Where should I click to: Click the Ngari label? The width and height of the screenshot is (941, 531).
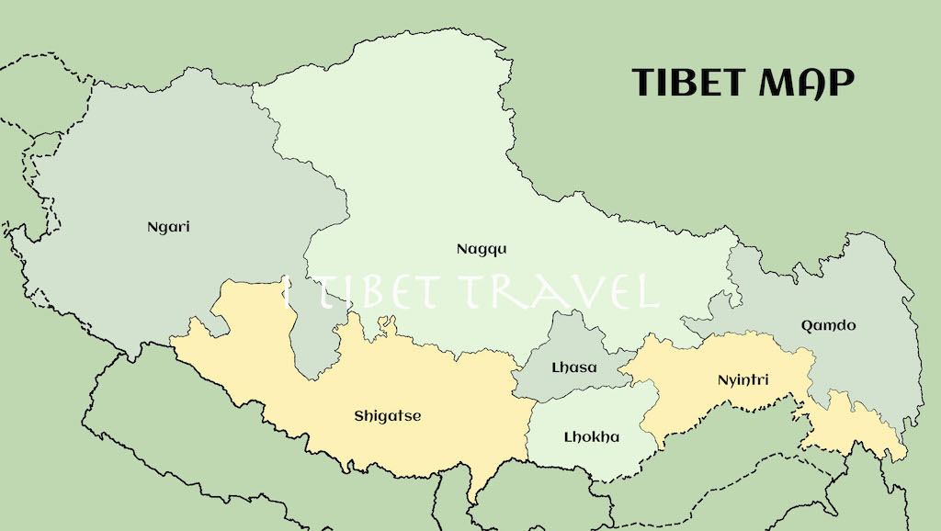168,226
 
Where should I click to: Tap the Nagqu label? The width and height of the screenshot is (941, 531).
482,249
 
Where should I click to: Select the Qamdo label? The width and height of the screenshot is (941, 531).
828,325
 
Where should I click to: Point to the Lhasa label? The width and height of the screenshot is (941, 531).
573,368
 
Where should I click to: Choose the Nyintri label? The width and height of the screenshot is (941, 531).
742,379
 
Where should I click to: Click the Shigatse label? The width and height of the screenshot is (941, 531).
387,416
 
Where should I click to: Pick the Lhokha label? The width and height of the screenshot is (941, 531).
591,437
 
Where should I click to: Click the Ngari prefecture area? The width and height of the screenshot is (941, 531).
138,276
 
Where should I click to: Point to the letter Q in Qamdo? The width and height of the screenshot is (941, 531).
806,325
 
